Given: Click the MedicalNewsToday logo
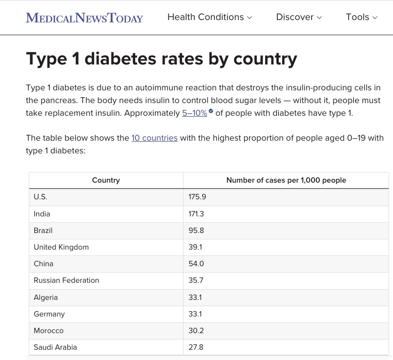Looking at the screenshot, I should (84, 18).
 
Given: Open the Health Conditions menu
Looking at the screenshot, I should (209, 17).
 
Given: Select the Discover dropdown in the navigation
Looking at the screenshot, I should (299, 17).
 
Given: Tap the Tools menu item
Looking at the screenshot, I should (361, 17).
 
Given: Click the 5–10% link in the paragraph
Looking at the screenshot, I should (195, 113).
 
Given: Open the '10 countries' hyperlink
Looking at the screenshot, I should (154, 138).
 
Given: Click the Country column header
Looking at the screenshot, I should (106, 180).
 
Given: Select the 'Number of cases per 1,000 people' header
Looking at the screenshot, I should (286, 180).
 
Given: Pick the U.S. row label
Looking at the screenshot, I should (41, 197).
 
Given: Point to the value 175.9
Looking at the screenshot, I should (197, 197).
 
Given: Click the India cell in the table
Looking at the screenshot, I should (42, 213).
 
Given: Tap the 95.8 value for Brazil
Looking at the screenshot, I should (196, 230).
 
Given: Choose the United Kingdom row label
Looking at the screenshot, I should (61, 247).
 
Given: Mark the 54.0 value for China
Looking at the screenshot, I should (196, 263).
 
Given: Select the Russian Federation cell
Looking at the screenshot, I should (66, 280).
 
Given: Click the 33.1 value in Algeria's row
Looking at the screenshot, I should (195, 297).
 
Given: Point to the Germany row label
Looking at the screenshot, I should (49, 314).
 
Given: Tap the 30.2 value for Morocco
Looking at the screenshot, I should (196, 330).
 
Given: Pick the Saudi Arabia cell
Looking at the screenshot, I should (55, 347).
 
